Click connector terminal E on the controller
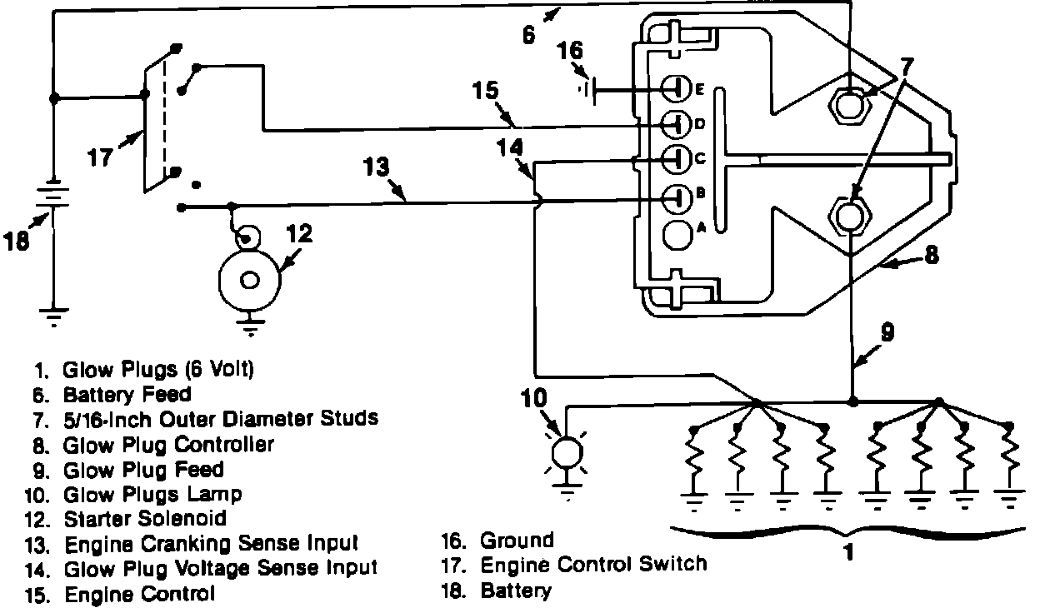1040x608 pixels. coord(676,89)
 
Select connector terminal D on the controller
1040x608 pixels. coord(676,124)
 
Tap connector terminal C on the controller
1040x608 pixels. coord(677,159)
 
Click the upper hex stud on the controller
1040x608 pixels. coord(849,103)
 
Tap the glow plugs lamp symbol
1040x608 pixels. coord(567,451)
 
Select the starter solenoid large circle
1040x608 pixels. coord(250,281)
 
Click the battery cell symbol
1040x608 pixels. coord(54,197)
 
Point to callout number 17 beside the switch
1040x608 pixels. coord(100,157)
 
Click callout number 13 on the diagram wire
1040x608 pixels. coord(376,167)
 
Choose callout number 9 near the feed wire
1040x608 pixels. coord(887,332)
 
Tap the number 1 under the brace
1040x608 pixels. coord(847,552)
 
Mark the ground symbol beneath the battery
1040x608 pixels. coord(54,317)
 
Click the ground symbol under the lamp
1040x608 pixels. coord(567,492)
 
